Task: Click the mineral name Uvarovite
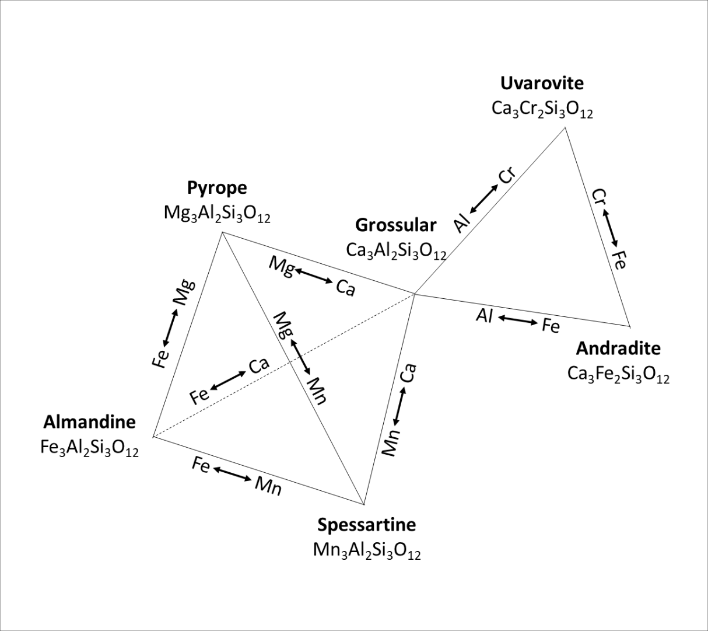click(x=542, y=83)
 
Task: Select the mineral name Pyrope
click(x=217, y=188)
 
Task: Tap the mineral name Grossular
click(x=395, y=225)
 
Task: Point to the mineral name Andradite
click(x=618, y=348)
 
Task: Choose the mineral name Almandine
click(x=89, y=421)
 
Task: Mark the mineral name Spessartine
click(x=366, y=525)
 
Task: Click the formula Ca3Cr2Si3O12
click(x=542, y=110)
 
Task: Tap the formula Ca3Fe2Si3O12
click(x=618, y=374)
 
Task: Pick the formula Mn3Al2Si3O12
click(x=366, y=550)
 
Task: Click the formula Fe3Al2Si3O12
click(x=89, y=448)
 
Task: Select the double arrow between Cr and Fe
click(x=611, y=228)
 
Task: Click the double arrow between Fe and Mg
click(x=171, y=327)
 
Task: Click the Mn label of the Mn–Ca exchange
click(x=391, y=442)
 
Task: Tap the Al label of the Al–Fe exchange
click(x=485, y=316)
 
